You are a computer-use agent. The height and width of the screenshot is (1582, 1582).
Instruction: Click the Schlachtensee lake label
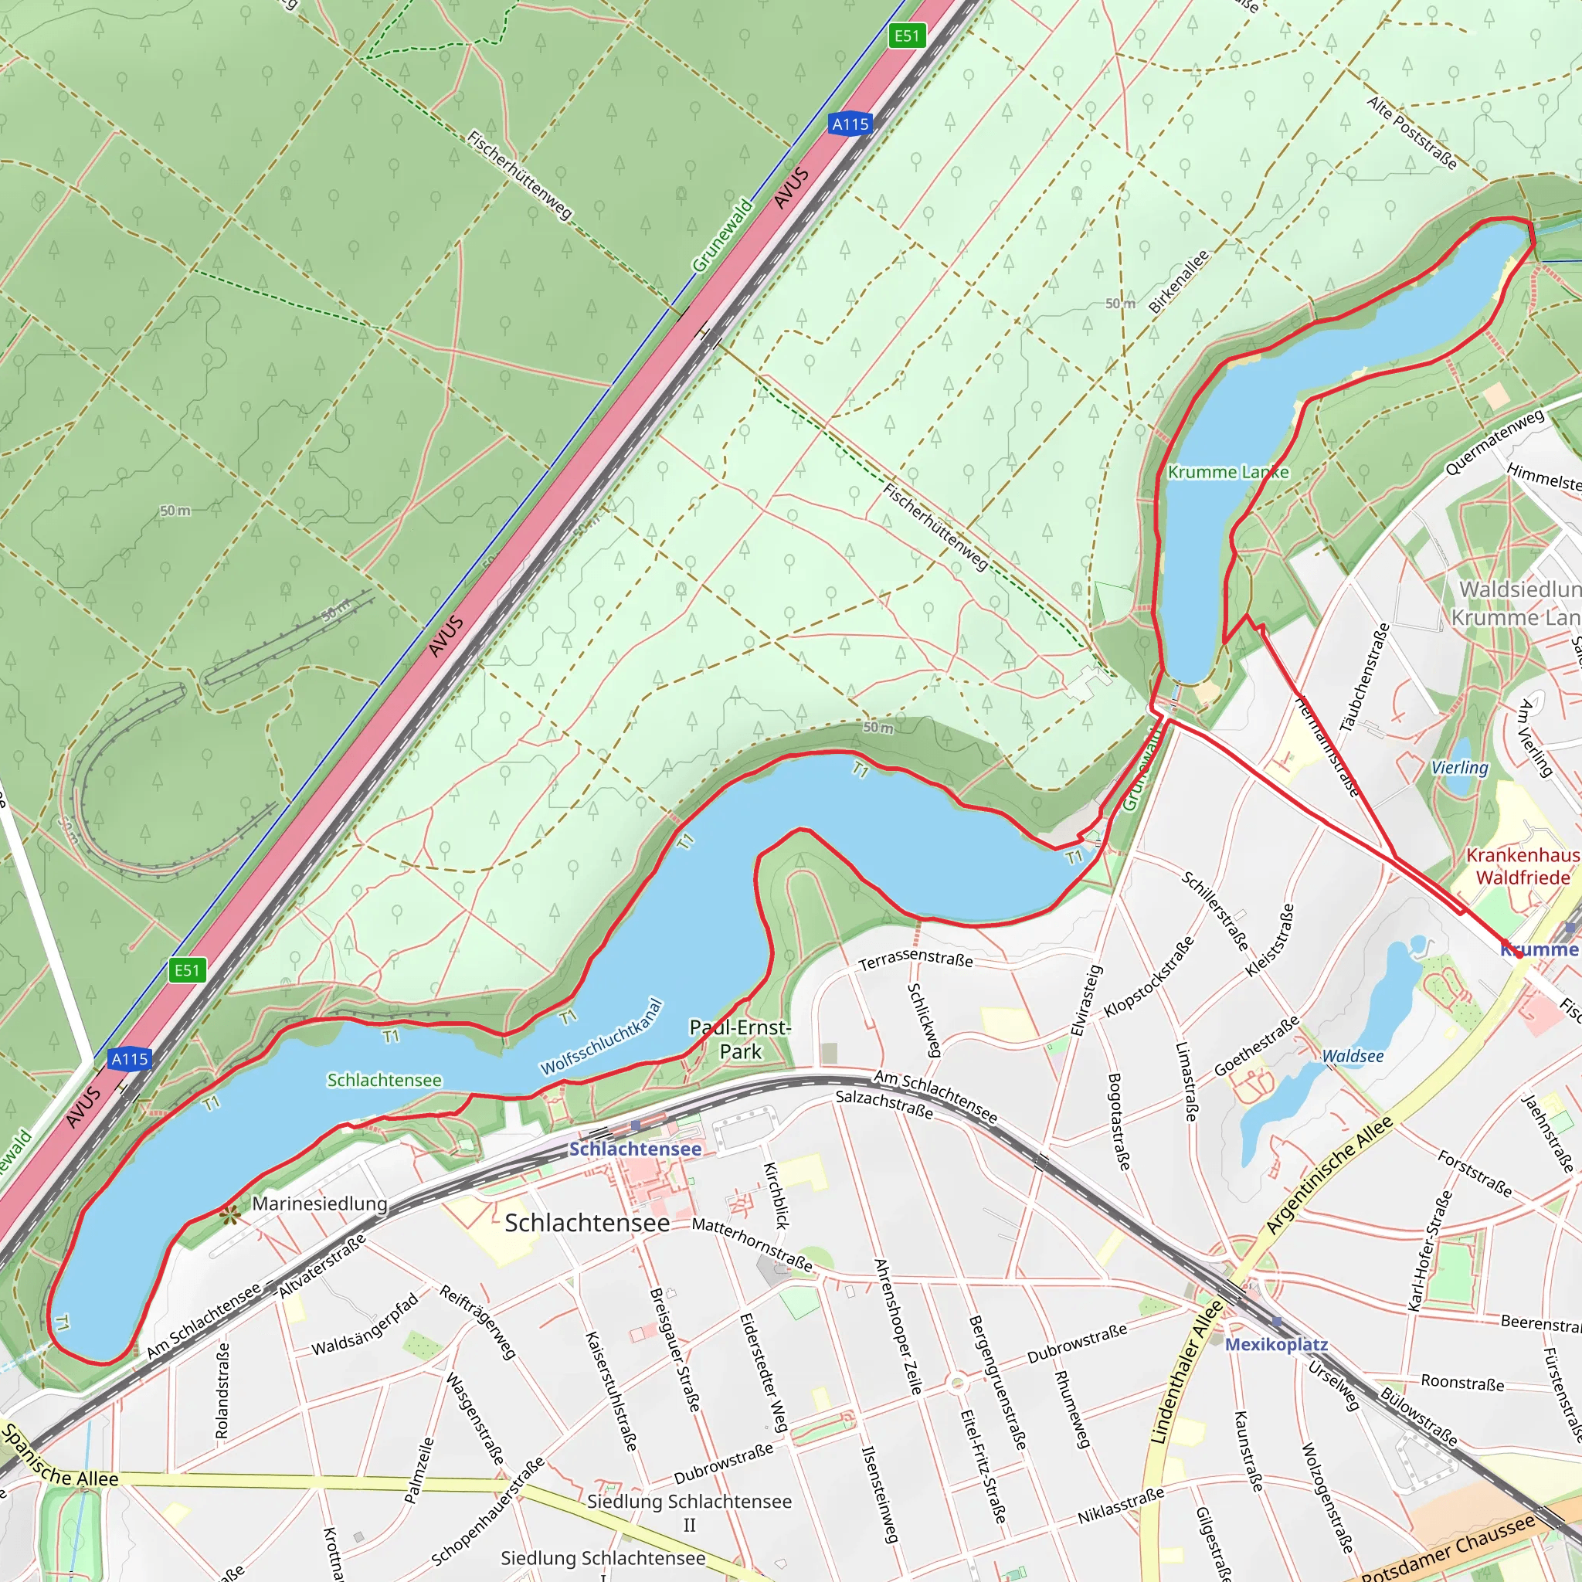point(384,1080)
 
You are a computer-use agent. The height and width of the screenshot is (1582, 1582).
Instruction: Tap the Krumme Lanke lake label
point(1227,473)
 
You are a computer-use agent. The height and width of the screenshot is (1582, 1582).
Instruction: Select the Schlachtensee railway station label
point(635,1149)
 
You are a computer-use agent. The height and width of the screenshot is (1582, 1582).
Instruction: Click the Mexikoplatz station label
point(1276,1345)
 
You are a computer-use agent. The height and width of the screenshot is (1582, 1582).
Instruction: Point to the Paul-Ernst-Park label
point(740,1039)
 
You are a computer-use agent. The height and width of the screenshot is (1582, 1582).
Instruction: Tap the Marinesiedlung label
point(319,1203)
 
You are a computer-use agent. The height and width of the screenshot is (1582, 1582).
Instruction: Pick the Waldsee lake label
point(1353,1056)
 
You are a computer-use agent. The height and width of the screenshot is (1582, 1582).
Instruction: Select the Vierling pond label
point(1459,767)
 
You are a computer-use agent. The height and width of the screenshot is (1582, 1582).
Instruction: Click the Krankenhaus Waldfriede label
point(1523,867)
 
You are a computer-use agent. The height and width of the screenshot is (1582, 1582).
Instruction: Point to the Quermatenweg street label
point(1495,441)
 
